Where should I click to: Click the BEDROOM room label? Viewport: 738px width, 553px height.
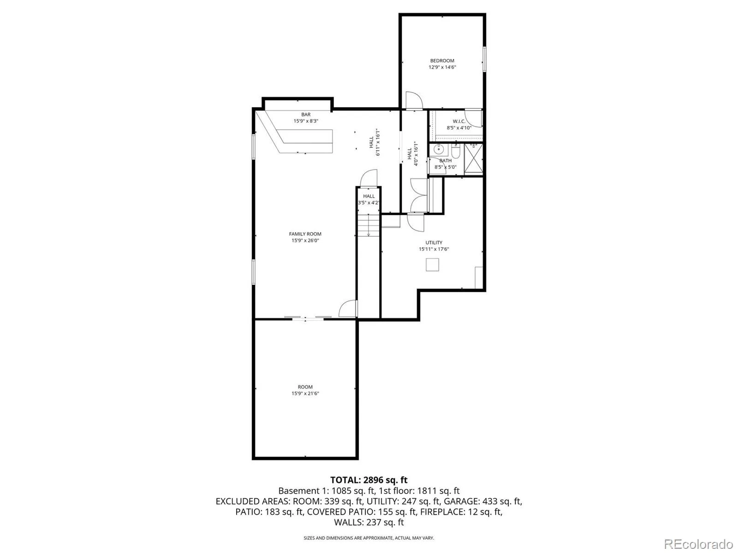pyautogui.click(x=442, y=61)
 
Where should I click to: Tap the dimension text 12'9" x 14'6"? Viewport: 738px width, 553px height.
pyautogui.click(x=442, y=67)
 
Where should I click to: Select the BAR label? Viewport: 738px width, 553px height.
pyautogui.click(x=306, y=114)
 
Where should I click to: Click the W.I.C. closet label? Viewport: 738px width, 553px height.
pyautogui.click(x=459, y=121)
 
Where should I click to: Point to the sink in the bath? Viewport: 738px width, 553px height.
pyautogui.click(x=439, y=149)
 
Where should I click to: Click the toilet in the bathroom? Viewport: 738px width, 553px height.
pyautogui.click(x=456, y=152)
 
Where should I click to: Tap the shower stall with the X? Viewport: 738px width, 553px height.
pyautogui.click(x=473, y=159)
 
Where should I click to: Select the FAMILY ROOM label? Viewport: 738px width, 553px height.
pyautogui.click(x=305, y=234)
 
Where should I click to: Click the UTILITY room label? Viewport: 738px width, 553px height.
pyautogui.click(x=434, y=242)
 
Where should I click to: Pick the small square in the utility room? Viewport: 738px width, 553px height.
pyautogui.click(x=432, y=265)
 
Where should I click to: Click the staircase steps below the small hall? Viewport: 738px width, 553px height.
pyautogui.click(x=369, y=225)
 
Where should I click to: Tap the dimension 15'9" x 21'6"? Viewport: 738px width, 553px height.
pyautogui.click(x=305, y=393)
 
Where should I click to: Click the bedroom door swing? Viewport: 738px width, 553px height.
pyautogui.click(x=414, y=100)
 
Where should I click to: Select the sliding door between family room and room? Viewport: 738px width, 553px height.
pyautogui.click(x=308, y=318)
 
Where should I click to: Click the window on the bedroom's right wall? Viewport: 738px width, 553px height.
pyautogui.click(x=484, y=59)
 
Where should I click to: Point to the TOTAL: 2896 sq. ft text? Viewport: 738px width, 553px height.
pyautogui.click(x=369, y=480)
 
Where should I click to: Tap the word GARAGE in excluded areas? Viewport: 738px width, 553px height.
pyautogui.click(x=462, y=501)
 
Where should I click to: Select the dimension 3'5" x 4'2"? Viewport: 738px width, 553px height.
pyautogui.click(x=369, y=203)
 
